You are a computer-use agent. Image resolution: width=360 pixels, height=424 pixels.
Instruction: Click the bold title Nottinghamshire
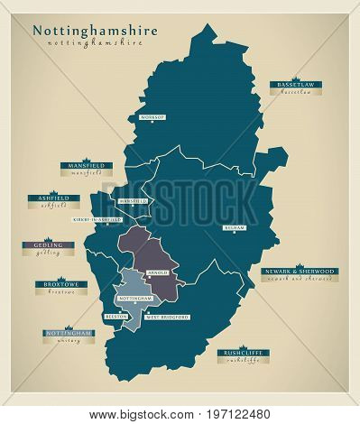[x=95, y=29]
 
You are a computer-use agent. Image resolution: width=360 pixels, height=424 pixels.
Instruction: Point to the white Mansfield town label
[x=133, y=201]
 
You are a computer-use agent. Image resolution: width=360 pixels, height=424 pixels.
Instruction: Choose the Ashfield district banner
[x=53, y=198]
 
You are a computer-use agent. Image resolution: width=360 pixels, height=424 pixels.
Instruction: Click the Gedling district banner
[x=50, y=244]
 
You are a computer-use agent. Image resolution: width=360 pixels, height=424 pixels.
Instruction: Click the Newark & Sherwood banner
[x=299, y=272]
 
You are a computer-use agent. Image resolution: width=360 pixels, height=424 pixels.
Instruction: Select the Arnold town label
[x=158, y=271]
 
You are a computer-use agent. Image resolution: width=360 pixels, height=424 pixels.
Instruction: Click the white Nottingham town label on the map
[x=132, y=296]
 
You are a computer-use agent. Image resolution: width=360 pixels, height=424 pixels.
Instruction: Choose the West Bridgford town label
[x=167, y=318]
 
